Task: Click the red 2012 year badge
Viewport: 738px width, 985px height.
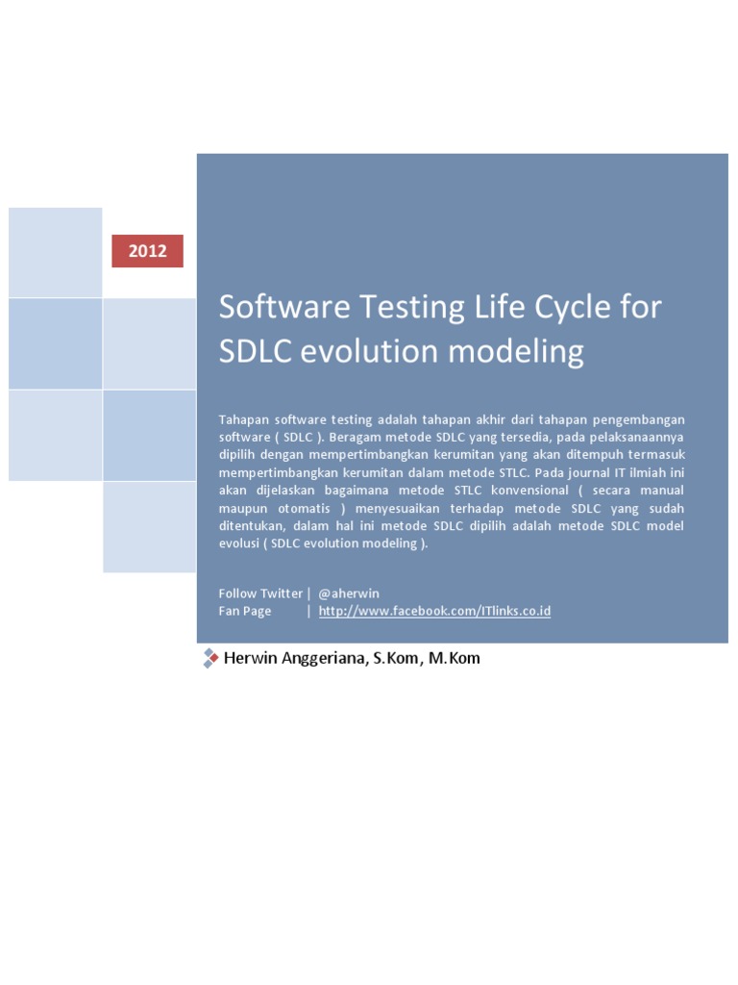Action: (147, 251)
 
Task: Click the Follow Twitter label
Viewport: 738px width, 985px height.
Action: (260, 594)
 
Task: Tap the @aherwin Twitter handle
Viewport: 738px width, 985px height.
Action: (349, 594)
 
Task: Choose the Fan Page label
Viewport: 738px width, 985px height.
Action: (245, 611)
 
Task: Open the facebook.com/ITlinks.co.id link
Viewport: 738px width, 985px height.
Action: (434, 611)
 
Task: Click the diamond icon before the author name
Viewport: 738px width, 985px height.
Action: (209, 658)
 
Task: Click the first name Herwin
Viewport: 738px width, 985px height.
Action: (248, 659)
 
